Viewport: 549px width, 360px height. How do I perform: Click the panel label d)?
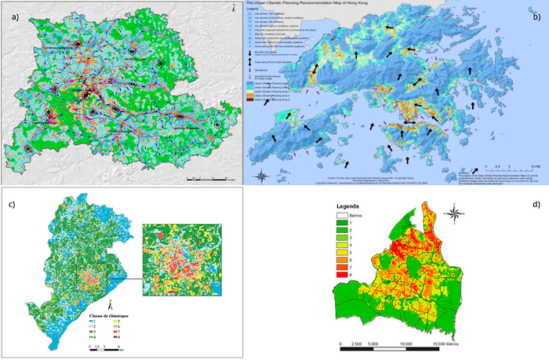[x=536, y=206]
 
